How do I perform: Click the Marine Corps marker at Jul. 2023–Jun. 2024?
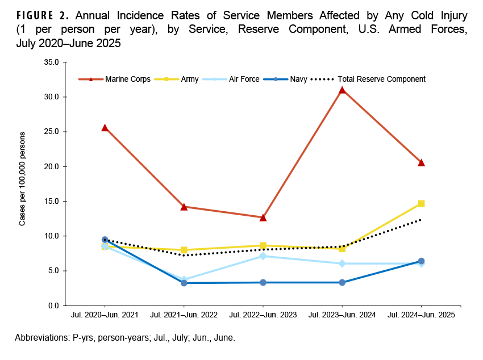[342, 90]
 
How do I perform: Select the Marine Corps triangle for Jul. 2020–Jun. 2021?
[105, 128]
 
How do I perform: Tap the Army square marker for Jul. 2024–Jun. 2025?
[421, 203]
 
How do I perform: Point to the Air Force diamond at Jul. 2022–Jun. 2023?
[263, 256]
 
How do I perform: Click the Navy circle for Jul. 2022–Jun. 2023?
[263, 282]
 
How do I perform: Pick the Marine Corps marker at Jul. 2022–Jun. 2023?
[263, 217]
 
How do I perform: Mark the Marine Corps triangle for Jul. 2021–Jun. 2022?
[184, 207]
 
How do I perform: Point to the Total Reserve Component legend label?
[381, 79]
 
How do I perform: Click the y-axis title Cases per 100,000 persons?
[23, 179]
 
